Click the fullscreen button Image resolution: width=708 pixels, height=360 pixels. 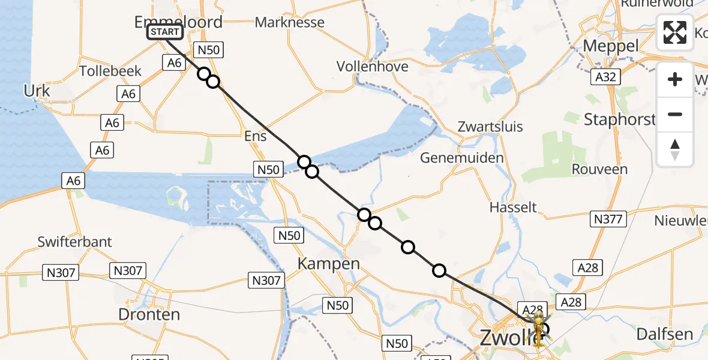click(x=675, y=32)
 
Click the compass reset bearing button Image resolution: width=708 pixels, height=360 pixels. click(x=675, y=149)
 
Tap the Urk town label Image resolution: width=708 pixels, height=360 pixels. click(x=37, y=91)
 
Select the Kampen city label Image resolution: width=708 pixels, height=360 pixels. click(x=329, y=263)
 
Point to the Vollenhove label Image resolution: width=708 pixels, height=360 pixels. click(x=372, y=66)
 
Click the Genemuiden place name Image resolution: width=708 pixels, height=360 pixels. click(x=461, y=158)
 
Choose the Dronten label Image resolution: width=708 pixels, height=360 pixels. click(x=149, y=314)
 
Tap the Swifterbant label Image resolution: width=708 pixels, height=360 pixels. click(x=74, y=242)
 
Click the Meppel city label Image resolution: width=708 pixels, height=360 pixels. click(x=611, y=46)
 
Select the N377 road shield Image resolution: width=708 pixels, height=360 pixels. click(x=608, y=219)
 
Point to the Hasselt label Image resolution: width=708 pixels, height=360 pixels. click(x=513, y=207)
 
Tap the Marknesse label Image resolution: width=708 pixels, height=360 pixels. click(x=290, y=23)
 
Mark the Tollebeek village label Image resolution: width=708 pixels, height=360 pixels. click(x=110, y=71)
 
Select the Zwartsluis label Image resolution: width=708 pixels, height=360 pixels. click(x=490, y=127)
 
